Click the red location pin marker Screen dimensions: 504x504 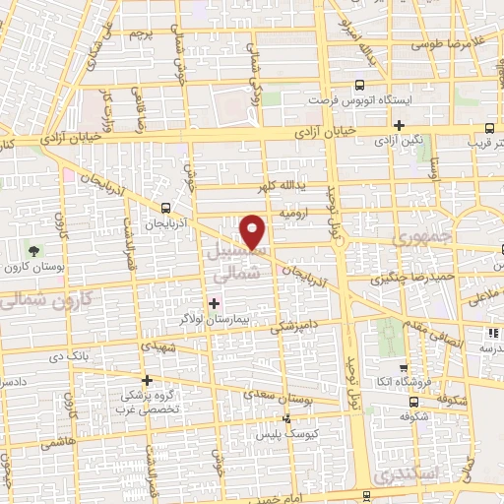tap(254, 231)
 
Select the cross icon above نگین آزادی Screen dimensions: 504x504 tap(399, 125)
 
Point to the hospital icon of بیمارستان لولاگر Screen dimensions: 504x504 tap(215, 301)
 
